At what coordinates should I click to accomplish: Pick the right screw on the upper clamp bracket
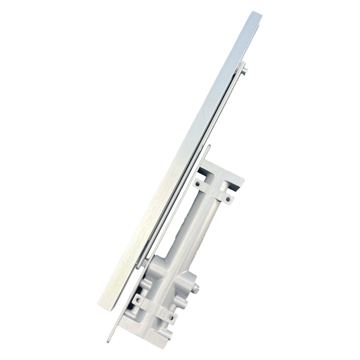tap(228, 199)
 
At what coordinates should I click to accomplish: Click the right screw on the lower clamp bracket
tap(171, 318)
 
